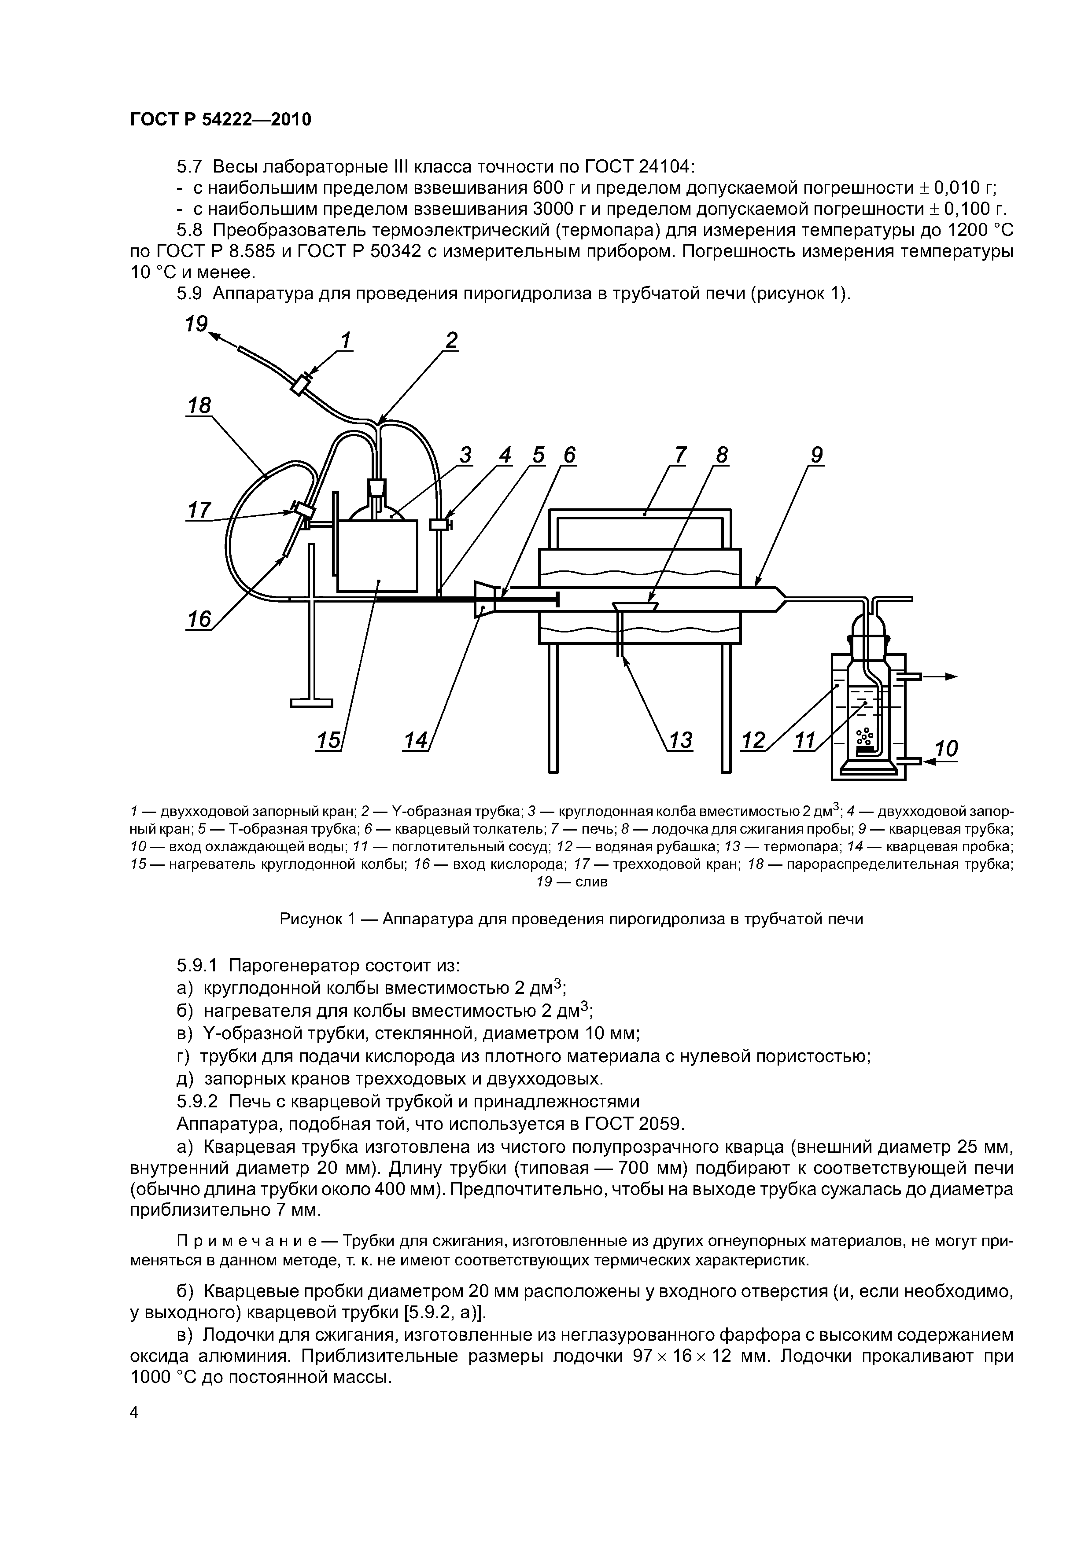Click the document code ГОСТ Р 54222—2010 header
(x=221, y=120)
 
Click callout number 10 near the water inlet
(x=947, y=749)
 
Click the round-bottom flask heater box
(x=377, y=556)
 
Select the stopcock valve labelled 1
(x=301, y=385)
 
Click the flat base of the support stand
(x=311, y=703)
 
